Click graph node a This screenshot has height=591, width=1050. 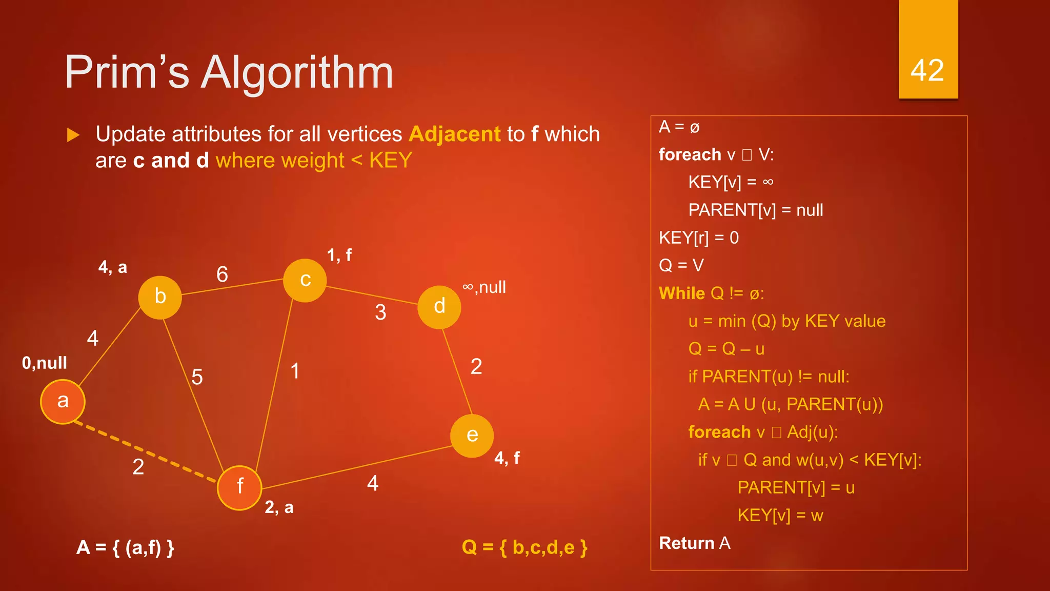pos(63,402)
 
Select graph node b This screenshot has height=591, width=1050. pos(160,297)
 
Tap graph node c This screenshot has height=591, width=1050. pos(305,280)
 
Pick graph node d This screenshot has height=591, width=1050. pos(439,307)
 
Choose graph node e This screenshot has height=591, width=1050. pos(472,436)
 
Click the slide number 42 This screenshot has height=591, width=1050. pos(927,70)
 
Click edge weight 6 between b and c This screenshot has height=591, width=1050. pos(222,274)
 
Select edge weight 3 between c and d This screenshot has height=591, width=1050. pos(380,312)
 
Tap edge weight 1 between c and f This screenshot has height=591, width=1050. pos(295,371)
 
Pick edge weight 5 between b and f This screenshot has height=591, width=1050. pos(197,377)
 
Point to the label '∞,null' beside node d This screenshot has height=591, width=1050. pos(484,287)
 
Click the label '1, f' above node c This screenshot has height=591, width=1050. pos(339,255)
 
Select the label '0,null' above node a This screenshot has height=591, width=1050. pos(45,363)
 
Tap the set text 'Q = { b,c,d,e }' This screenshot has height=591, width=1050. pos(524,547)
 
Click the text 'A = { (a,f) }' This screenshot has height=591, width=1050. pos(126,548)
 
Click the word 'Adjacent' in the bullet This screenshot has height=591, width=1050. pos(454,134)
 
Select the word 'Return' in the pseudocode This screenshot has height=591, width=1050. pos(686,543)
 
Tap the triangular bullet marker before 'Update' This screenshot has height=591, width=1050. pos(73,135)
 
